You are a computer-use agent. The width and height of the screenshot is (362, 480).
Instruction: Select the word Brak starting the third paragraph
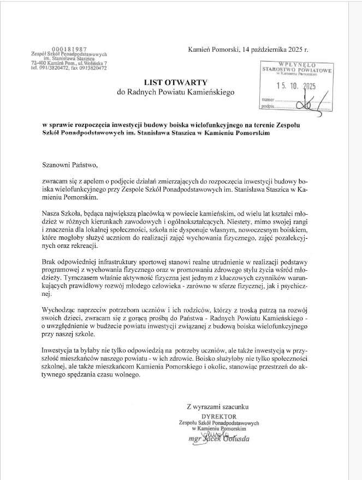tap(50, 262)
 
